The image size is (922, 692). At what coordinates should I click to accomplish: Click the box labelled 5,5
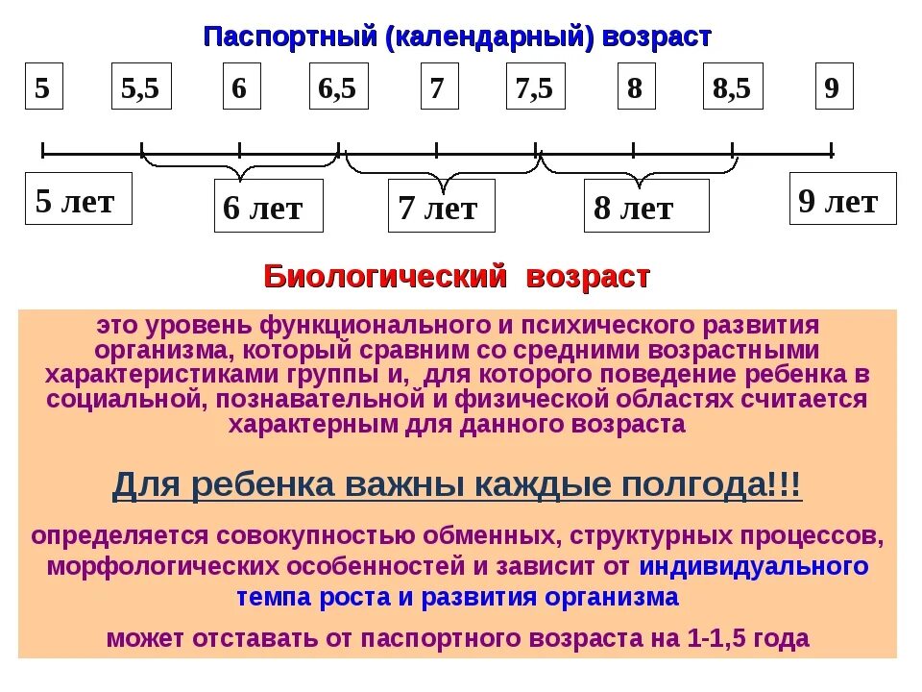tap(141, 86)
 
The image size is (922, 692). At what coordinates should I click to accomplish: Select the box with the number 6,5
tap(338, 86)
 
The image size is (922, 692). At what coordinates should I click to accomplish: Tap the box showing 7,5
tap(535, 86)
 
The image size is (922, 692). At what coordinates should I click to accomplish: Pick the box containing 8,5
tap(733, 86)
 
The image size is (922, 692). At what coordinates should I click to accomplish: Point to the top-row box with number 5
tap(43, 86)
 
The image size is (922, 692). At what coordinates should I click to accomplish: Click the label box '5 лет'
tap(78, 199)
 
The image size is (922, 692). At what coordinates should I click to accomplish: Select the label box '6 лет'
tap(267, 206)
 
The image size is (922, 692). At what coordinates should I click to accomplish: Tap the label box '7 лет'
tap(441, 206)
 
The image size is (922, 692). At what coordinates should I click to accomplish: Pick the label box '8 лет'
tap(645, 206)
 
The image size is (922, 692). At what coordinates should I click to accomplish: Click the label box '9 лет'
tap(842, 199)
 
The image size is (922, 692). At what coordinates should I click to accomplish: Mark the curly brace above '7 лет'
tap(441, 169)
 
